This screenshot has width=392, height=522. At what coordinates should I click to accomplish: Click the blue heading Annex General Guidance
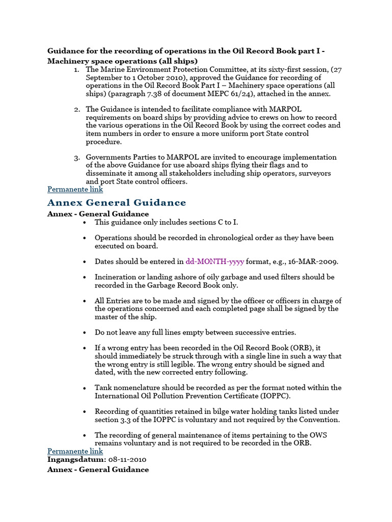pyautogui.click(x=117, y=203)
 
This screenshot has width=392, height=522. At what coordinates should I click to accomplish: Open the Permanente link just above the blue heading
pyautogui.click(x=75, y=189)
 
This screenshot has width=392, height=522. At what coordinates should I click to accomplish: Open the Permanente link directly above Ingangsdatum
pyautogui.click(x=75, y=451)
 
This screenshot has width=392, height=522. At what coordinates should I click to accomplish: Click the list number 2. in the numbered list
pyautogui.click(x=77, y=109)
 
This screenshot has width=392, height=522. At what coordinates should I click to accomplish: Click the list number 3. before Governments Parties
pyautogui.click(x=77, y=158)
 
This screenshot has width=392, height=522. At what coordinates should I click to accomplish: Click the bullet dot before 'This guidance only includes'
pyautogui.click(x=84, y=223)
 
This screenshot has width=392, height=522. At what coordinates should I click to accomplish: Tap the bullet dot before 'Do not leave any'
pyautogui.click(x=84, y=332)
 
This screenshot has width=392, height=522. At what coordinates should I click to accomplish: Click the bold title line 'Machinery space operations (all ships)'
pyautogui.click(x=122, y=61)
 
